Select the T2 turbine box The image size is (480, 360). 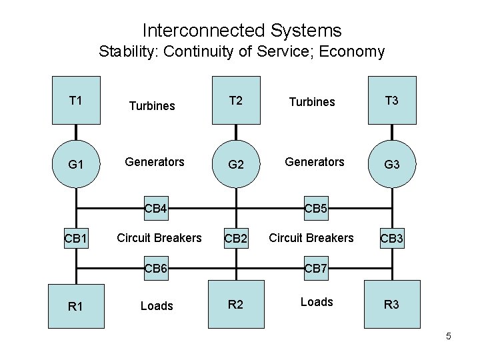[x=235, y=101]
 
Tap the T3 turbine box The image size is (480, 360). [x=392, y=101]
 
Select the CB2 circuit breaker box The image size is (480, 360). [x=235, y=238]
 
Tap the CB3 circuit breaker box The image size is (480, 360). [x=392, y=238]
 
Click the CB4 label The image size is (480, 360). [x=157, y=209]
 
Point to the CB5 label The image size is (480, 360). [x=315, y=209]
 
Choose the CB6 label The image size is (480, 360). [x=157, y=269]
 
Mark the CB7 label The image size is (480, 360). [x=315, y=269]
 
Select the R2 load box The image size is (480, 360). [x=235, y=305]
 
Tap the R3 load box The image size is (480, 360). [x=392, y=305]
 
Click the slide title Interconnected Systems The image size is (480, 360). [x=241, y=31]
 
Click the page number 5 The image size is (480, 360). [x=449, y=336]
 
